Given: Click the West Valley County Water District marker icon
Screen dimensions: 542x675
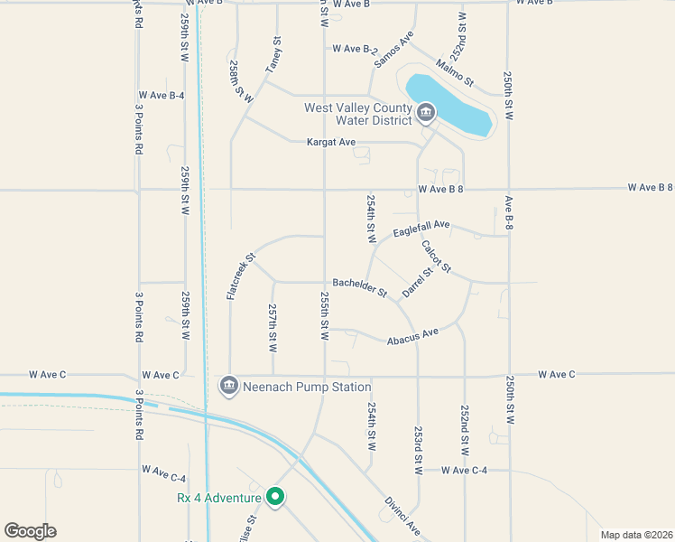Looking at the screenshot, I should [x=425, y=114].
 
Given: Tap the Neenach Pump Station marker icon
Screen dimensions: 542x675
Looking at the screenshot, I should [x=229, y=387].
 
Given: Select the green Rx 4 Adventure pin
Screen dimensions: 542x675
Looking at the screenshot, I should [x=276, y=497].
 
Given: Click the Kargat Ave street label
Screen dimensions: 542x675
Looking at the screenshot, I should [x=331, y=143].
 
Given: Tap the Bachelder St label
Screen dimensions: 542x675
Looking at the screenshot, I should [x=359, y=287].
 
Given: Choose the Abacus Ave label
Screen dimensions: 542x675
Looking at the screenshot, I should [x=412, y=337].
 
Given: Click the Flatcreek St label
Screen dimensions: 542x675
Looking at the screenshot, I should [x=238, y=276].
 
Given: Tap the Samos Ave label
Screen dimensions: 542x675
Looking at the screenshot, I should [x=393, y=50].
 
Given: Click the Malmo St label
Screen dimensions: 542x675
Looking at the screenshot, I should [x=454, y=71].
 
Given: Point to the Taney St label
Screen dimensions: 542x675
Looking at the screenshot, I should [x=273, y=55].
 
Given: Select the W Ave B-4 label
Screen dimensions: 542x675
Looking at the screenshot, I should [x=162, y=95].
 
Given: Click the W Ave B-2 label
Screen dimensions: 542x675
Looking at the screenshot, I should [x=354, y=49].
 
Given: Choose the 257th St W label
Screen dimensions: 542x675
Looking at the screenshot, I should [x=273, y=327].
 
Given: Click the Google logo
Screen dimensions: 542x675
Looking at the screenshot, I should [x=30, y=531].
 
